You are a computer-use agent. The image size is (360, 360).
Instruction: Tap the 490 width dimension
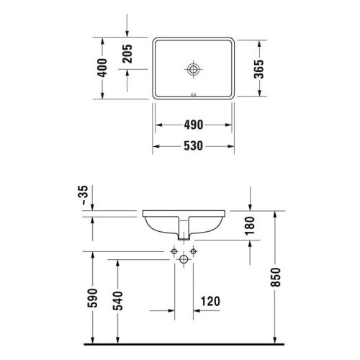(x=192, y=124)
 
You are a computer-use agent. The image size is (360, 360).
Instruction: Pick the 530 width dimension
(x=192, y=146)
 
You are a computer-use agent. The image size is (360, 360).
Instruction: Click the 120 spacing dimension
(x=210, y=301)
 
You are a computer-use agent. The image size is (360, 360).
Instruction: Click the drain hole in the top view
(x=193, y=69)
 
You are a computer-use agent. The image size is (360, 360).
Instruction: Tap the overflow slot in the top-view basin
(x=192, y=94)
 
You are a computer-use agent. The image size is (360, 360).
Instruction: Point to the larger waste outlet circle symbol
(x=184, y=258)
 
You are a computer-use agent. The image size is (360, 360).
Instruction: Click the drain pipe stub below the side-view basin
(x=184, y=234)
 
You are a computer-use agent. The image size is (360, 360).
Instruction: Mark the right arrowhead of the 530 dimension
(x=233, y=146)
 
